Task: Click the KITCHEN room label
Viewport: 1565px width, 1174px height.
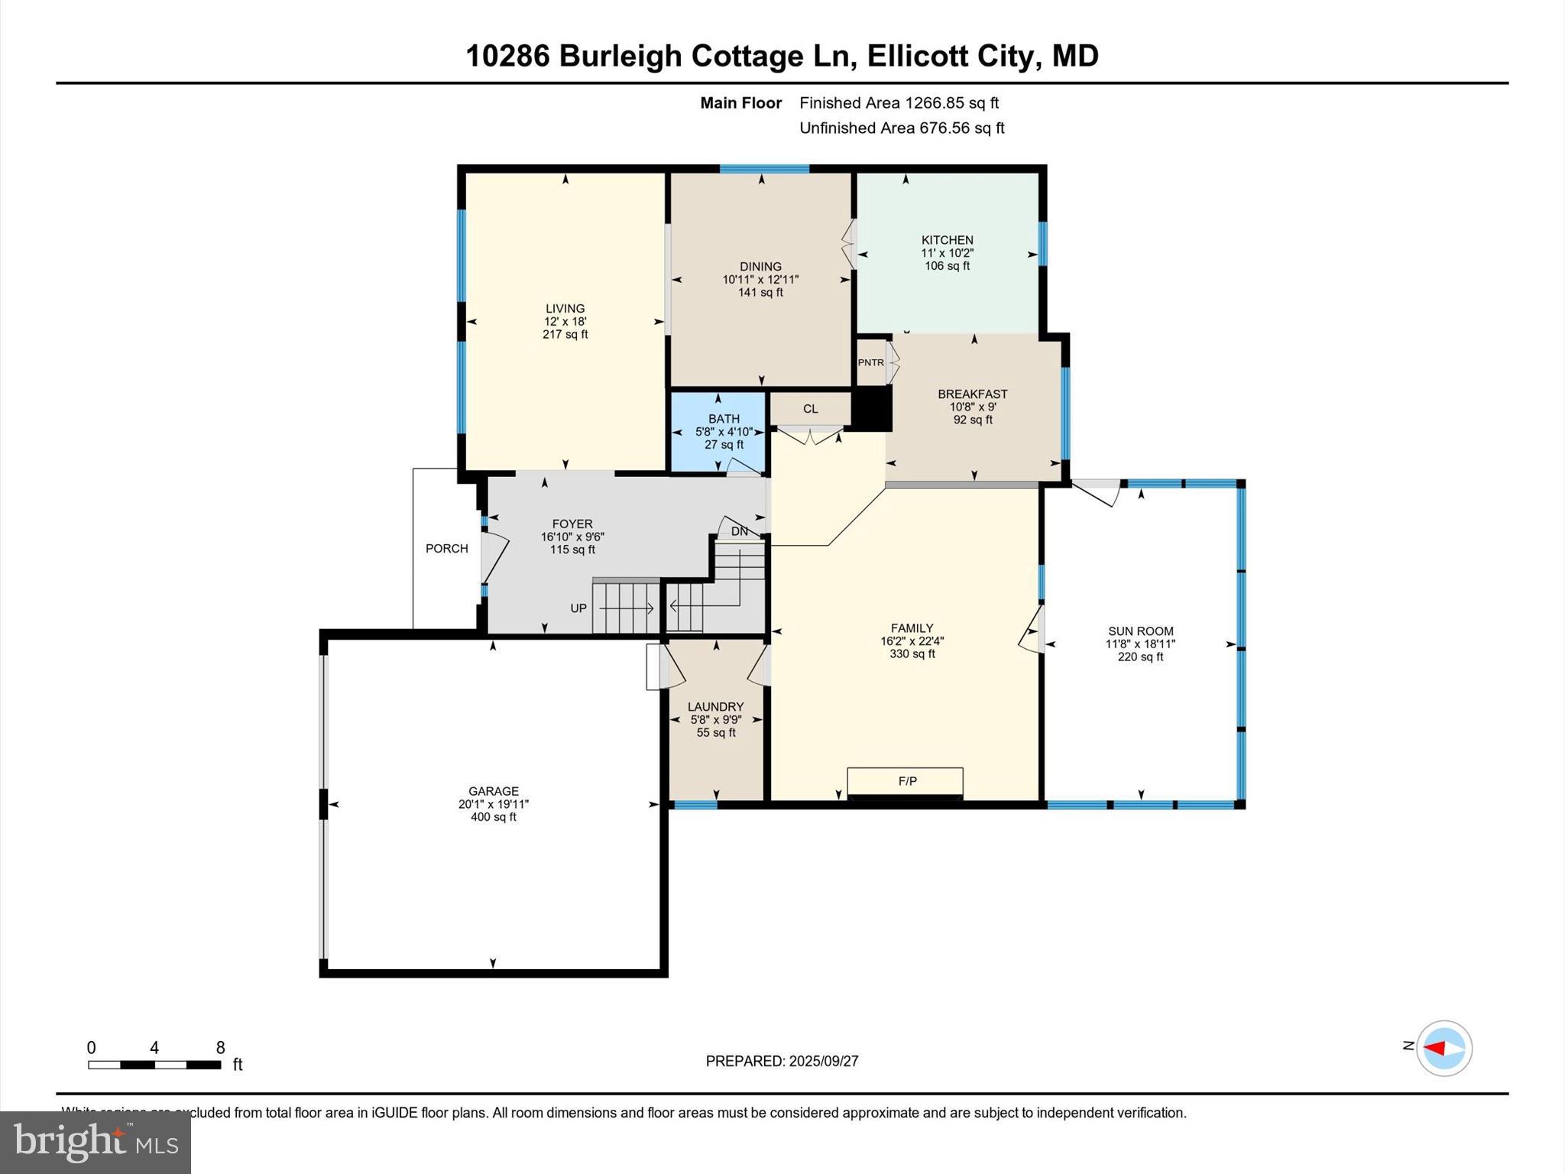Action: tap(947, 240)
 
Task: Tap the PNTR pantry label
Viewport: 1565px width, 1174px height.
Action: tap(870, 362)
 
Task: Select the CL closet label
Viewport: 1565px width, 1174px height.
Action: tap(810, 409)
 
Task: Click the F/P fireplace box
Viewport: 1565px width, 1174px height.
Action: tap(906, 781)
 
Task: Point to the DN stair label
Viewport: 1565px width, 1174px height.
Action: tap(739, 531)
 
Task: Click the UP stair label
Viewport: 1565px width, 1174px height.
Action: tap(578, 608)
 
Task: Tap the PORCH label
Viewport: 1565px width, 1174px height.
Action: tap(447, 549)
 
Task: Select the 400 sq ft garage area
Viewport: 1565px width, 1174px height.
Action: tap(494, 817)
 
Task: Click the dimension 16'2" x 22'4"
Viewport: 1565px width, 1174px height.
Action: tap(912, 641)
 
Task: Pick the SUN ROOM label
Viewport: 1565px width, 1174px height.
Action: tap(1140, 631)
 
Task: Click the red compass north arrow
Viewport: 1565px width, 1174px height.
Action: tap(1436, 1048)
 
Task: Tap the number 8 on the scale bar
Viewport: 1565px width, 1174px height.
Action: tap(220, 1048)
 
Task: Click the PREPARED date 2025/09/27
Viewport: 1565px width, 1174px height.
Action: tap(824, 1061)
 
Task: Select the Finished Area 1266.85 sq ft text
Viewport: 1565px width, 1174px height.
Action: tap(899, 103)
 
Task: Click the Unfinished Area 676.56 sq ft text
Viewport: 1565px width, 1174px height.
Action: tap(902, 128)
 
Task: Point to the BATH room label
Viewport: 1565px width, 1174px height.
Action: tap(724, 419)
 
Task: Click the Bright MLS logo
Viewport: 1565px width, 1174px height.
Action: tap(96, 1143)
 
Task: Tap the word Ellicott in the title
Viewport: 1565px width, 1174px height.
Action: tap(912, 57)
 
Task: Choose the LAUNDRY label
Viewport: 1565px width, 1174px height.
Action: tap(715, 707)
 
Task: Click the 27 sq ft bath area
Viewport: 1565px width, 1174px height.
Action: tap(724, 445)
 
